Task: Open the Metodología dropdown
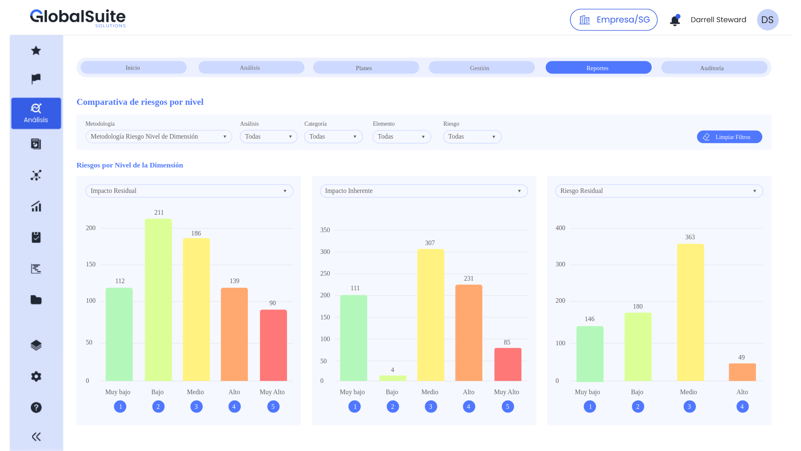point(159,137)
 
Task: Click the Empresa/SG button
point(614,20)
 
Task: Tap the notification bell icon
point(675,20)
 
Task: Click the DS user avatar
point(767,20)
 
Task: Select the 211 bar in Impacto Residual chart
point(158,300)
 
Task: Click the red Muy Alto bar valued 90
point(273,345)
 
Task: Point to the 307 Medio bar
point(431,315)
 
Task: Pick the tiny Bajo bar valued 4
point(393,378)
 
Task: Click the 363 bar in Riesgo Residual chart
point(690,312)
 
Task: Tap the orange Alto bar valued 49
point(742,372)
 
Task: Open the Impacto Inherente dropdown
point(423,191)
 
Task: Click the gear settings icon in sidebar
point(36,376)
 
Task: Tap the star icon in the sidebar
point(36,51)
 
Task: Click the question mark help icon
point(36,407)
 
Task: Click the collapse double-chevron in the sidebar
point(36,437)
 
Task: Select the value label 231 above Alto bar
point(469,279)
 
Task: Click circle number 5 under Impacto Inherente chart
point(507,406)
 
